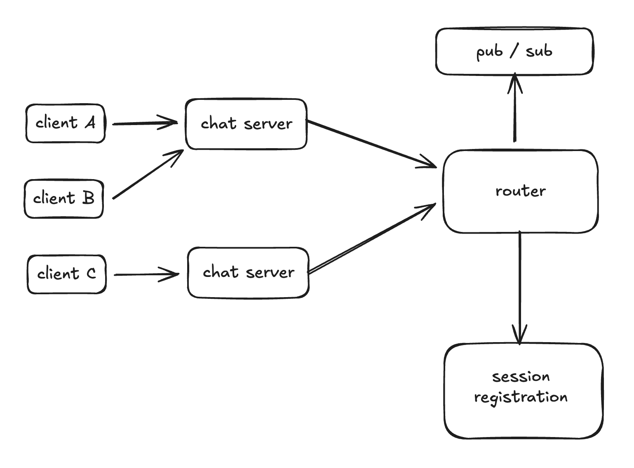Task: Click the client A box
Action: pos(65,123)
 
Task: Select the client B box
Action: pos(63,199)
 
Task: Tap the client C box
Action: pos(66,274)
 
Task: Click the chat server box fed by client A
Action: pos(246,124)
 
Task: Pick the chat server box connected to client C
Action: pos(248,272)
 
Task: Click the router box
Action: pos(520,191)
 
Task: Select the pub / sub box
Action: pos(514,52)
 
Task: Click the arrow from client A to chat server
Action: pos(144,123)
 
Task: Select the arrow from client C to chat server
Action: pos(146,274)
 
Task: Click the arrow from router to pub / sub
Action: pos(515,111)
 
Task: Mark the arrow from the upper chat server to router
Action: pos(371,144)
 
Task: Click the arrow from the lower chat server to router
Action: pos(371,239)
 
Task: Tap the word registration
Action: pos(521,397)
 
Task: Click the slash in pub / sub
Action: pos(514,52)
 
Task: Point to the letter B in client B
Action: pos(88,198)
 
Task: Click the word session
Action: pos(521,376)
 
